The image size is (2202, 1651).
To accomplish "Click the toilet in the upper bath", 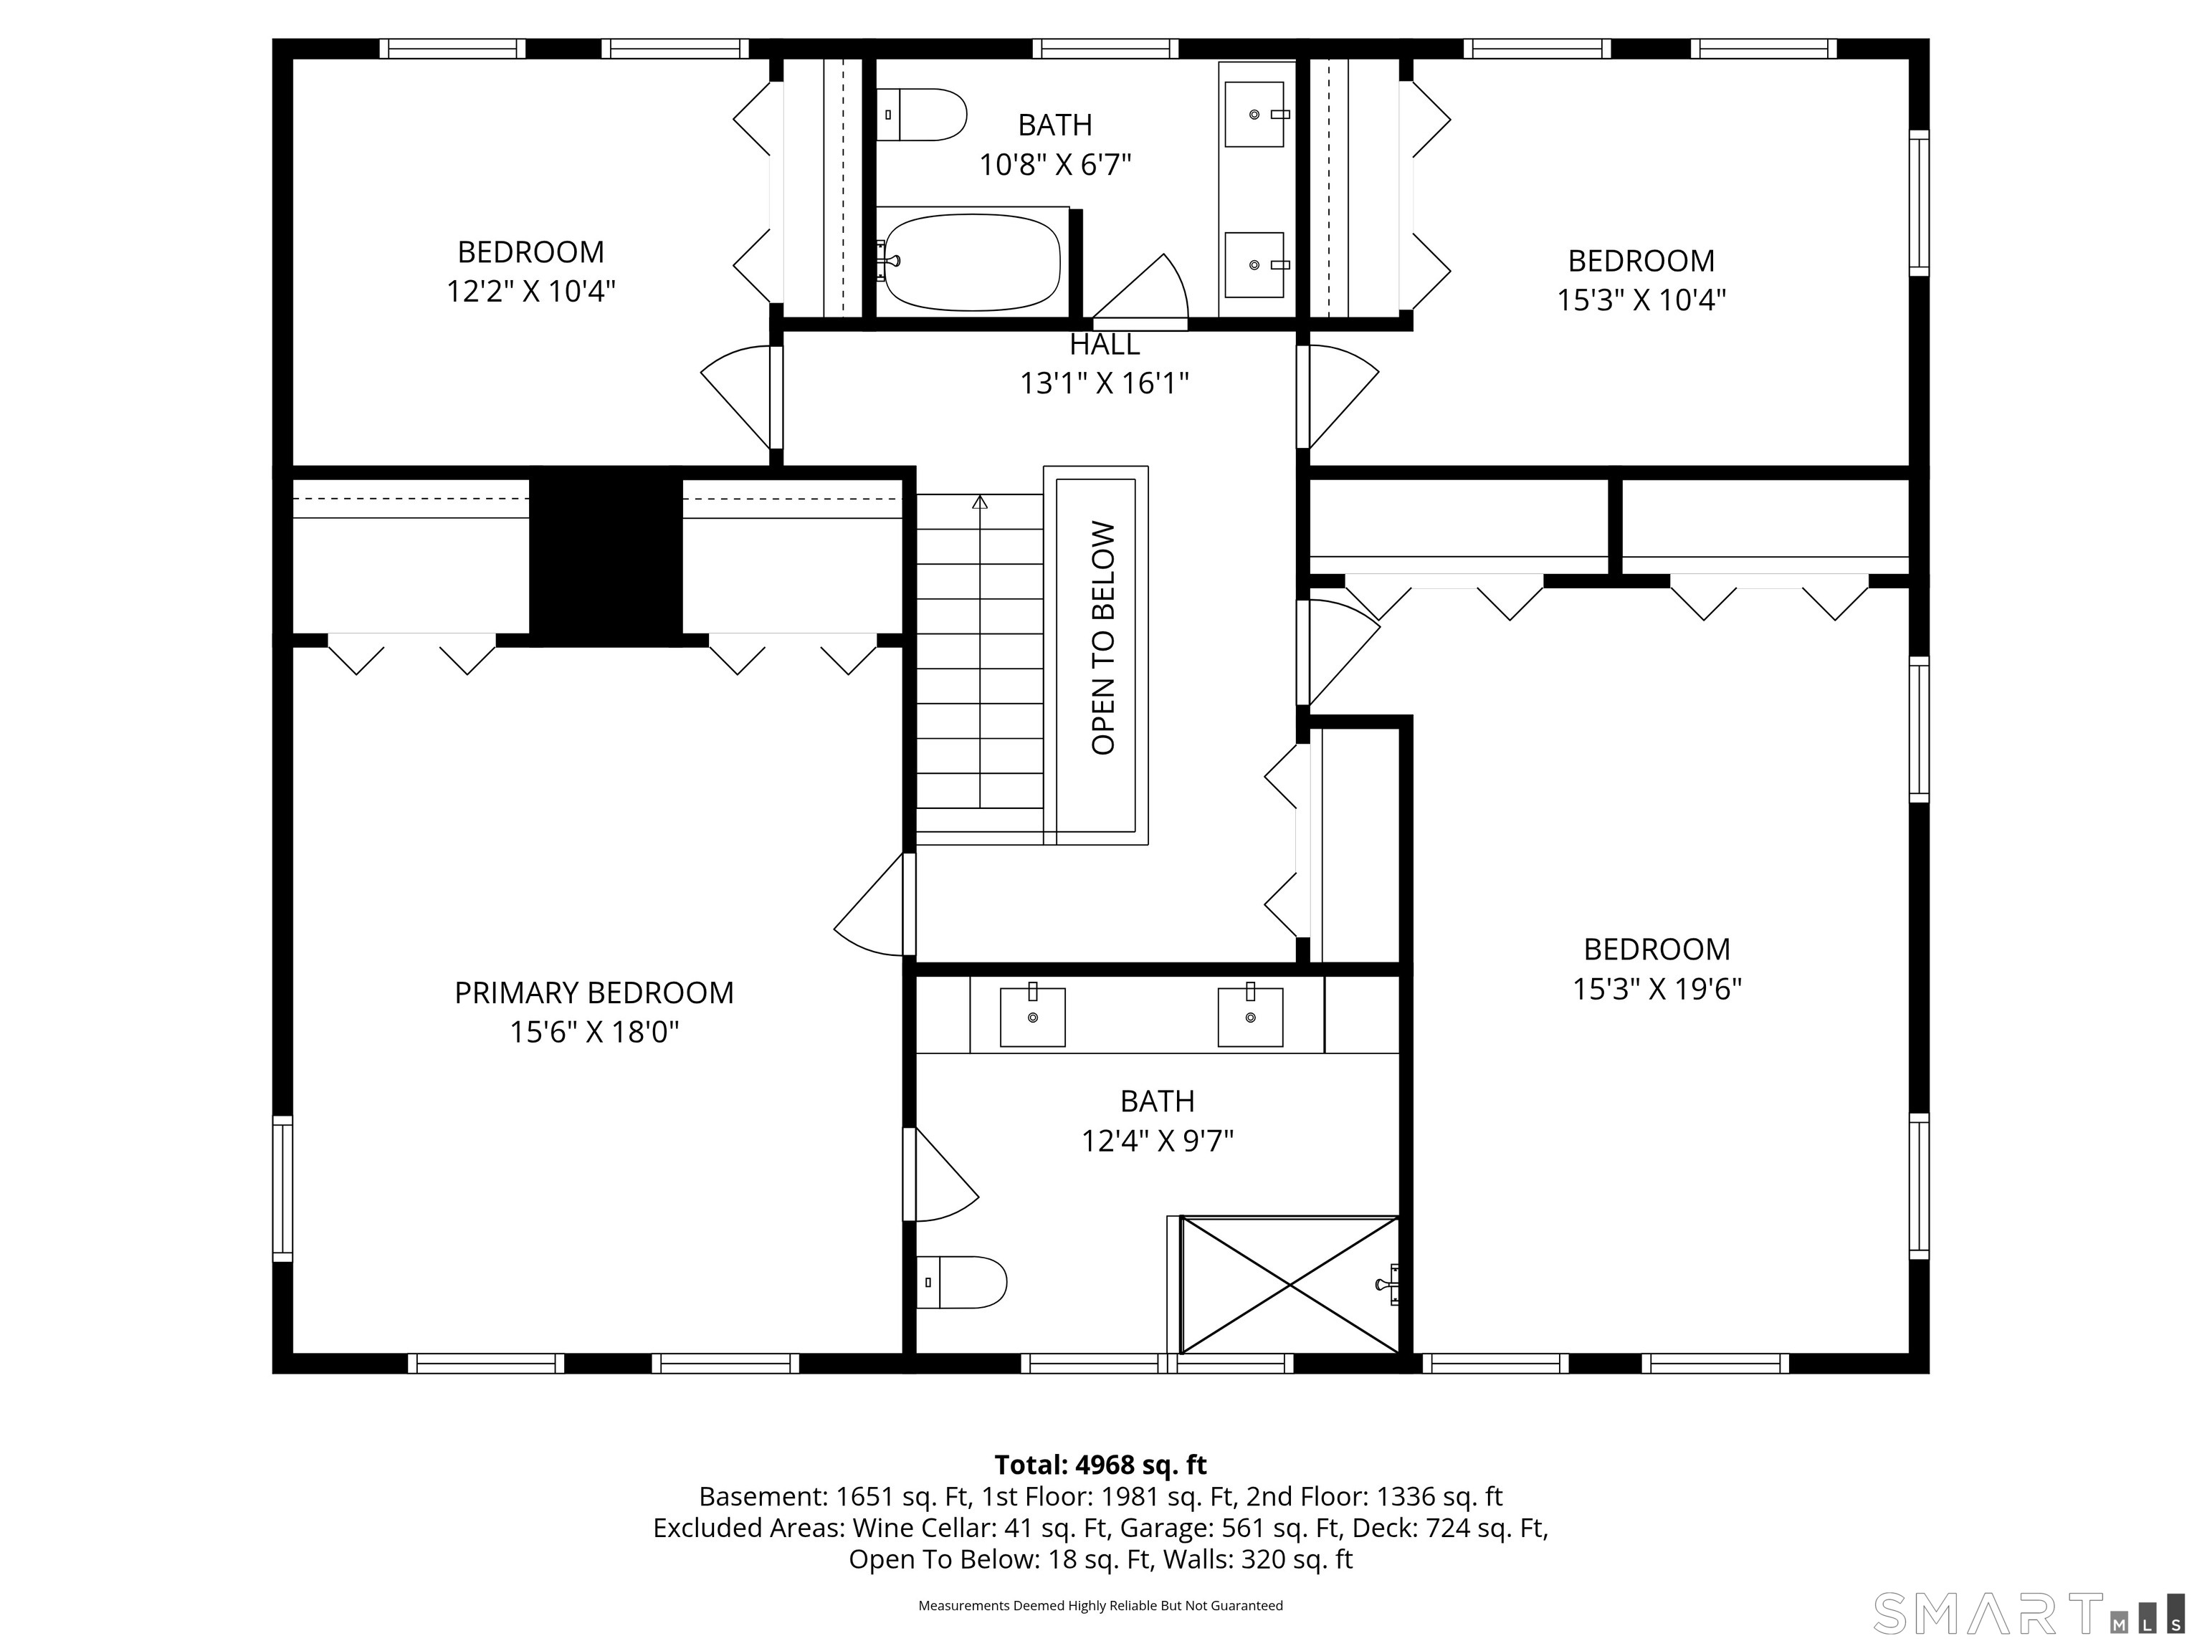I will [x=922, y=115].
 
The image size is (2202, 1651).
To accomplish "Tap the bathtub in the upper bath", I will [x=971, y=261].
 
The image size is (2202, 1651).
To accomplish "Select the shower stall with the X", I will [x=1289, y=1285].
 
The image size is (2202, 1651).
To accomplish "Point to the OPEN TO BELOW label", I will [x=1103, y=638].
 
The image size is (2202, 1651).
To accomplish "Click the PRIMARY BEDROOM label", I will [x=594, y=992].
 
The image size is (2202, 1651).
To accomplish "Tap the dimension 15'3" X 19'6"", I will [x=1657, y=989].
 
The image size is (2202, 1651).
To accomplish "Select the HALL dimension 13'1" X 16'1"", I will [x=1104, y=383].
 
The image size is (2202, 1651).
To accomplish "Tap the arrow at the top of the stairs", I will [x=980, y=502].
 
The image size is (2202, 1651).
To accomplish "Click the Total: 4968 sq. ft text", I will [x=1100, y=1465].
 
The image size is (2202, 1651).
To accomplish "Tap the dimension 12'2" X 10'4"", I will [x=530, y=292].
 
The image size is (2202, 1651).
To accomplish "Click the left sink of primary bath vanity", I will [x=1032, y=1016].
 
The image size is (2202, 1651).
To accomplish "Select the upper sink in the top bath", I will [x=1254, y=115].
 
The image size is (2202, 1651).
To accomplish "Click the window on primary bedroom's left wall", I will [x=282, y=1188].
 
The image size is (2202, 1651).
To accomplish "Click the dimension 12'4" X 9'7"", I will [x=1157, y=1141].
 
